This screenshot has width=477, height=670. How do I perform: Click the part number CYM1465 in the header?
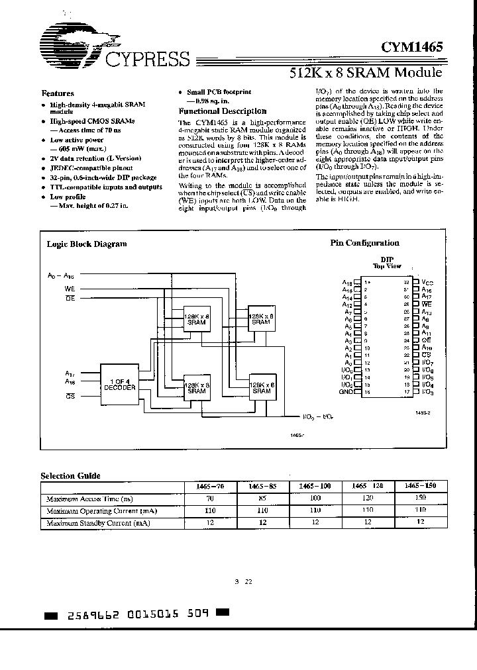(x=411, y=47)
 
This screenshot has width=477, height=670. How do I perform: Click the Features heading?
(x=58, y=93)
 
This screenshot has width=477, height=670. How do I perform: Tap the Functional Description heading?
(x=223, y=111)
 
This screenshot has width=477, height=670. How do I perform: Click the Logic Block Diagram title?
(x=86, y=244)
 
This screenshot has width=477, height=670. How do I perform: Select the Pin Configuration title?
(x=364, y=243)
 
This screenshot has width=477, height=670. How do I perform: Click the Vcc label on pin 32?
(x=429, y=281)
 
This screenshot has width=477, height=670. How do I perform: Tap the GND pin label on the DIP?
(x=344, y=392)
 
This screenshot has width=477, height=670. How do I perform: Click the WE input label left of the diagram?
(x=70, y=289)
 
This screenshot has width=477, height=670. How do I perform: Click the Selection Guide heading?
(x=71, y=475)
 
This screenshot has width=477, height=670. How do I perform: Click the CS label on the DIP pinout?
(x=426, y=355)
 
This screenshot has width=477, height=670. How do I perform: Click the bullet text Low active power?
(x=77, y=140)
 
